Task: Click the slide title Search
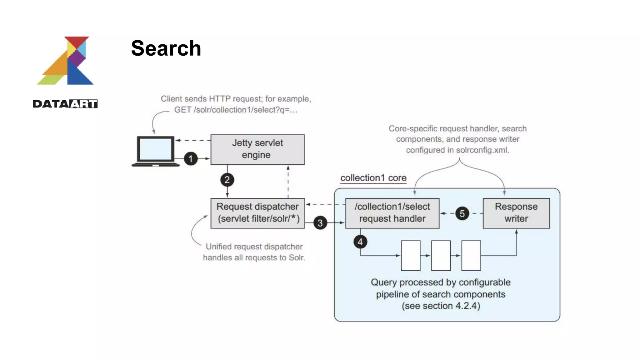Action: (166, 48)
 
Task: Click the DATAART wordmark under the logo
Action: (65, 104)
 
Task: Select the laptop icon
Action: (155, 151)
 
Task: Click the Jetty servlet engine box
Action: (257, 149)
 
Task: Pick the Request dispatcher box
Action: (257, 213)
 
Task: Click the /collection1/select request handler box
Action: (392, 213)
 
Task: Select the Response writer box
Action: (516, 213)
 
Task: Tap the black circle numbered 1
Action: (191, 159)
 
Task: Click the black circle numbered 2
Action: (227, 180)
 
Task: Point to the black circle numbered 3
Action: (320, 223)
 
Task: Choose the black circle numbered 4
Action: (360, 242)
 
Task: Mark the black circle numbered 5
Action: (462, 214)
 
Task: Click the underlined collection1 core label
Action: (373, 178)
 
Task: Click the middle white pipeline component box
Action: (441, 255)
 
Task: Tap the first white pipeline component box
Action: (411, 255)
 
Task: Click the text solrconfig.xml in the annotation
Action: (482, 150)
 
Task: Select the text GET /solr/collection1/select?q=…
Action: (236, 110)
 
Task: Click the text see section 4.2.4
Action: (441, 306)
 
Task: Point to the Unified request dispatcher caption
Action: (254, 252)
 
